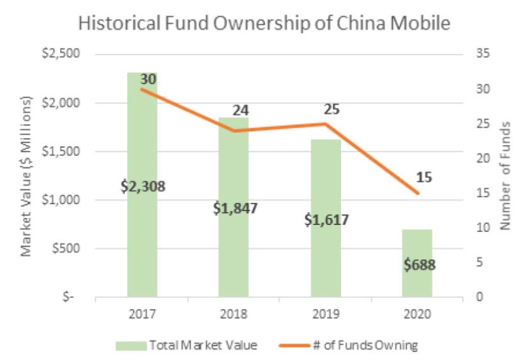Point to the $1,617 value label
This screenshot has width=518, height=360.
pos(326,220)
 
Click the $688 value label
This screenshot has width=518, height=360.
pos(418,264)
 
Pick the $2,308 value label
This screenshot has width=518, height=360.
pos(143,186)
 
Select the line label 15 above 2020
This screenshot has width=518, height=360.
pos(424,177)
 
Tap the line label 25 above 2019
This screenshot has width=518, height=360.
pos(332,109)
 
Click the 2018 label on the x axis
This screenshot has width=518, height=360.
pos(234,314)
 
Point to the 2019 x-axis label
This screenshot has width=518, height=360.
pos(326,314)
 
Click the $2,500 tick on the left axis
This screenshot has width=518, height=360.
pos(57,54)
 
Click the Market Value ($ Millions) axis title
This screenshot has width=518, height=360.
pos(27,176)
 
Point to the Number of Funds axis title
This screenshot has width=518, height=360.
pos(505,176)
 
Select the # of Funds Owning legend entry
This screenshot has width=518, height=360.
pos(365,345)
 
